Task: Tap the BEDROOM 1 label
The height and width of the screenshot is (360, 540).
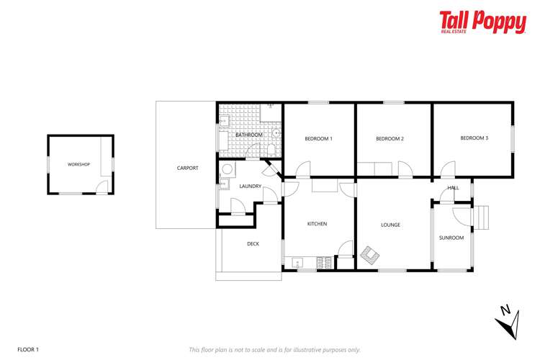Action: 318,138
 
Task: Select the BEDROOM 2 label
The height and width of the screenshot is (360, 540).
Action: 390,138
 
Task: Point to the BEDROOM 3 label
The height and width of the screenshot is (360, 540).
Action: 474,138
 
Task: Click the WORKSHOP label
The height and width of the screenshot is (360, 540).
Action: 78,165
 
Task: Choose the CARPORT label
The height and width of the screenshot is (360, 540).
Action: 187,168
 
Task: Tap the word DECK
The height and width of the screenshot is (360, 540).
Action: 253,244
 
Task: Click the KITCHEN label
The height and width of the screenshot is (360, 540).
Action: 317,224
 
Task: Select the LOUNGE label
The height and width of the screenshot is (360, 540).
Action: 390,225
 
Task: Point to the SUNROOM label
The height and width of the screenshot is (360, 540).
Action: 451,238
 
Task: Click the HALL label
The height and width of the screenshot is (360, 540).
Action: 453,188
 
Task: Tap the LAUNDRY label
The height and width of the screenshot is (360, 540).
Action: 249,187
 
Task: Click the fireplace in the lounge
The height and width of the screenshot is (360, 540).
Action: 370,254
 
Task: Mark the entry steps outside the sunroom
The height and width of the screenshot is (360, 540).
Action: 480,215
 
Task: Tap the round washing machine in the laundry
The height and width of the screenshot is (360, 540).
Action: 227,170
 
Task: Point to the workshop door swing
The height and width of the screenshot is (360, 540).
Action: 102,187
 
